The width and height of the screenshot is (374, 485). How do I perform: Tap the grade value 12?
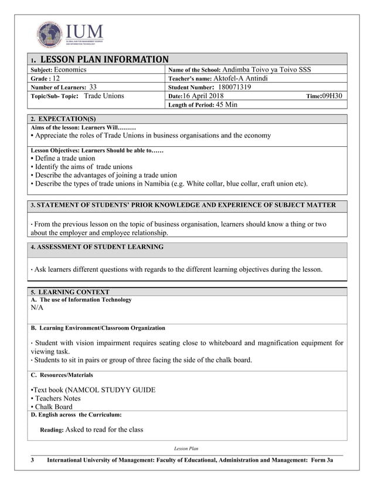(57, 78)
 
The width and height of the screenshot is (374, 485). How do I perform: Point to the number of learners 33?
(93, 87)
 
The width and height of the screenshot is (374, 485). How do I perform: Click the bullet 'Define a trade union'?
(64, 159)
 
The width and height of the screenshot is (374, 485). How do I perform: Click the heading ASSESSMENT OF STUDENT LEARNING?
(97, 247)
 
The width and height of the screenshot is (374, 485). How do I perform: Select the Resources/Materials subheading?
(62, 375)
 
